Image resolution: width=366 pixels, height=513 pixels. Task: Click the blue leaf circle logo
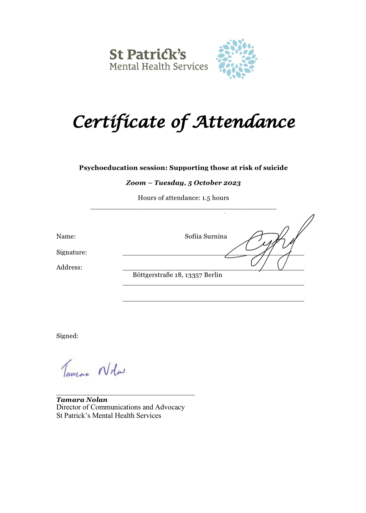click(236, 58)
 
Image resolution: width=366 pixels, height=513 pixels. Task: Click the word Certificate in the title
click(119, 122)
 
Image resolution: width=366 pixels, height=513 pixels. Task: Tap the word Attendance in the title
click(244, 122)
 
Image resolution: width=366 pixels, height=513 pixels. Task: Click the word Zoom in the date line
click(136, 183)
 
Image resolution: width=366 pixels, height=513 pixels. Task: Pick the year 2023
click(232, 183)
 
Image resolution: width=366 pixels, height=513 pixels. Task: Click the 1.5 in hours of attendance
click(206, 198)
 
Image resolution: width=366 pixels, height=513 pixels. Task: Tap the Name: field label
click(66, 236)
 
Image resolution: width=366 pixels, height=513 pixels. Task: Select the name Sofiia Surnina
click(206, 236)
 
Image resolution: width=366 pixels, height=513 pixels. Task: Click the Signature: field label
click(72, 252)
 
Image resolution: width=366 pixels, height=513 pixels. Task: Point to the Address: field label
click(69, 267)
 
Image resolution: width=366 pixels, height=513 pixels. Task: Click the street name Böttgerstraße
click(153, 275)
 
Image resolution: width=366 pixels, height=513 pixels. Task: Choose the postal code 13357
click(194, 275)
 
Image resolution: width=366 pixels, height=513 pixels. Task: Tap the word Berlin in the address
click(213, 275)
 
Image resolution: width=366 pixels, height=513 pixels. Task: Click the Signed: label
click(67, 336)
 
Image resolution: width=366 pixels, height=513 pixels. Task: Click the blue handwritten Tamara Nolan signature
click(93, 370)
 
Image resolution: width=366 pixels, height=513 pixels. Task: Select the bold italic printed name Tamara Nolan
click(82, 400)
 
